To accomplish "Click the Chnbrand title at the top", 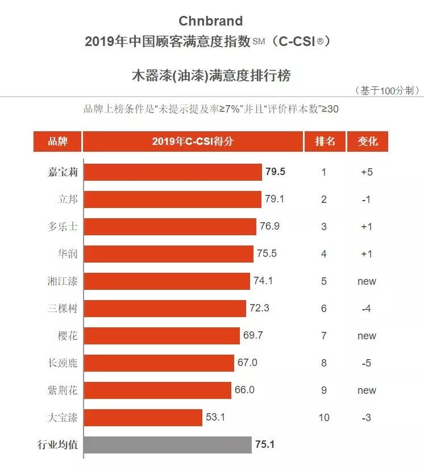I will (x=210, y=21).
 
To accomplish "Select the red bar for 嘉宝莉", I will (x=173, y=172).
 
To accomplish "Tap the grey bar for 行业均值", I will (x=168, y=444).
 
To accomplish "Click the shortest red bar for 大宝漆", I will (x=143, y=418).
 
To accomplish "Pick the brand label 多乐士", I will (x=63, y=226).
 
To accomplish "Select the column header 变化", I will (x=367, y=142).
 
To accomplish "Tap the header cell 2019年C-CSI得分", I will (x=193, y=142).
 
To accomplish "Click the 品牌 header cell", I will (x=57, y=142).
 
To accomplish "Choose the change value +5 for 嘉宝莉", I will (x=367, y=172).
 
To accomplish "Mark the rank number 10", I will (x=324, y=418).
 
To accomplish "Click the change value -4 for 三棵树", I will (x=367, y=309).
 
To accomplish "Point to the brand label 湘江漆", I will (x=63, y=281).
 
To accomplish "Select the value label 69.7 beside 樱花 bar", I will (x=253, y=335).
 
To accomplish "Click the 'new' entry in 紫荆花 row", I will (x=367, y=390).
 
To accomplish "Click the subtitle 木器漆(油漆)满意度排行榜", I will (x=210, y=74).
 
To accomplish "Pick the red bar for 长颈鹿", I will (x=159, y=363).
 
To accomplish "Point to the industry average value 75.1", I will (x=265, y=444).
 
